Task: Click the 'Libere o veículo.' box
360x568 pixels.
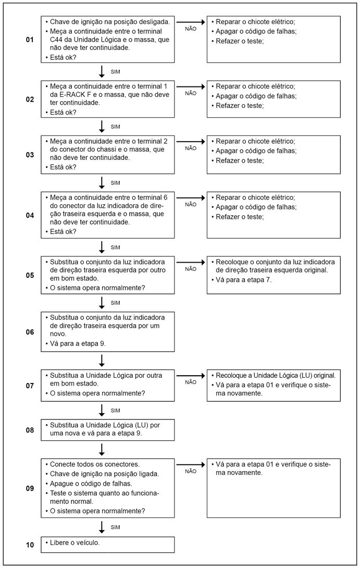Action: (108, 544)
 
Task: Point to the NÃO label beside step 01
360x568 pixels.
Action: (191, 29)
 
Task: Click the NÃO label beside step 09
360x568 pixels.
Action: (191, 471)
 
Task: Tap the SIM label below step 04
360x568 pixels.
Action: (116, 247)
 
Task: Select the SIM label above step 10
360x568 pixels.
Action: (116, 528)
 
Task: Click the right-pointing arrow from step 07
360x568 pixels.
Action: (191, 375)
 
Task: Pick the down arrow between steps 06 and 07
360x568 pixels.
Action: (102, 360)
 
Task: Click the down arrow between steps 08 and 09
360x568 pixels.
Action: (102, 449)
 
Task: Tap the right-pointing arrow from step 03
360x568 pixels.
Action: (191, 141)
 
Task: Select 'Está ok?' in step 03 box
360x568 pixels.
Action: (63, 167)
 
